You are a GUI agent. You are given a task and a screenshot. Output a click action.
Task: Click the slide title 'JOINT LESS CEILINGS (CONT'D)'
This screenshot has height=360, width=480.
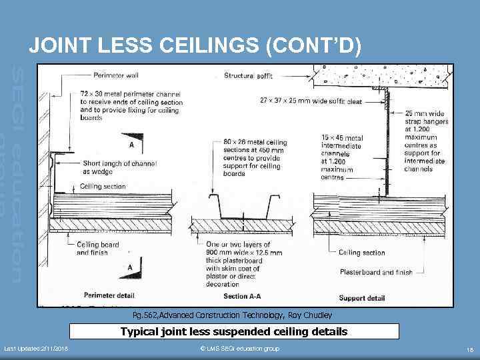[x=195, y=45]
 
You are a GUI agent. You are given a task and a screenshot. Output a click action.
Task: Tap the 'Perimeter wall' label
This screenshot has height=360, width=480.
[x=116, y=75]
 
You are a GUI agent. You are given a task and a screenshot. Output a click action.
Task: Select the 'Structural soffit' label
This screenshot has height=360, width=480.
[x=249, y=75]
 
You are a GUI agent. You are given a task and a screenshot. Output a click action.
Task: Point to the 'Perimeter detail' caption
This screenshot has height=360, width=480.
[x=109, y=295]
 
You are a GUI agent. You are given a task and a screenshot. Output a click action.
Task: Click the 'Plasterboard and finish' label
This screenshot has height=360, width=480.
[x=376, y=272]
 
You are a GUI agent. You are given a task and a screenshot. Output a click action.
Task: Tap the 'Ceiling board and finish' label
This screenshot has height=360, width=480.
[x=98, y=249]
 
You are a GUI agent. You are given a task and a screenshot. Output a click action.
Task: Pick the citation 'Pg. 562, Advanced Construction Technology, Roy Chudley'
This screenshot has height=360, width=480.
[x=241, y=315]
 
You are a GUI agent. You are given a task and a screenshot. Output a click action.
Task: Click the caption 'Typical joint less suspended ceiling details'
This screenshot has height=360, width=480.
[x=234, y=331]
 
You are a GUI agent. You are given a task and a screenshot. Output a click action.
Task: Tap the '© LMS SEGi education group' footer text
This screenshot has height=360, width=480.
[x=239, y=349]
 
